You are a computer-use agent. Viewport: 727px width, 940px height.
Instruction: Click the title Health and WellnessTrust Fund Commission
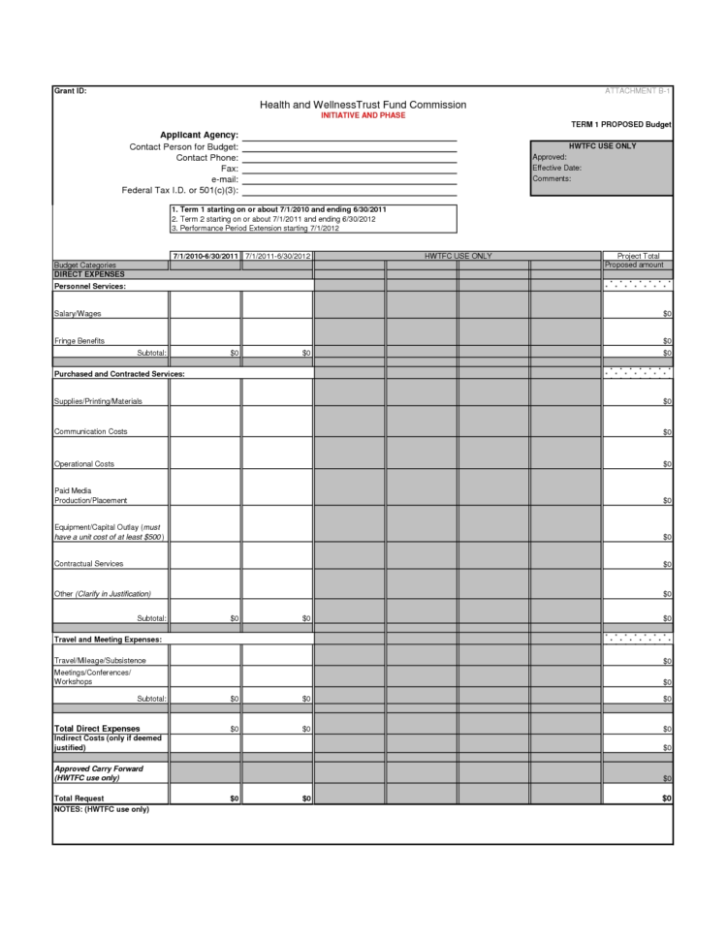(x=363, y=105)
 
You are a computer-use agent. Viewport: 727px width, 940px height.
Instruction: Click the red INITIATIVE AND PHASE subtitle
(x=363, y=115)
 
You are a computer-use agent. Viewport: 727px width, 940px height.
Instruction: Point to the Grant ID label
(x=70, y=90)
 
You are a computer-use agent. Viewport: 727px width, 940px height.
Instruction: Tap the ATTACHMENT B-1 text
(x=638, y=90)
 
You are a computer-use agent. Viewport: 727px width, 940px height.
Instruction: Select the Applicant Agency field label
(x=199, y=134)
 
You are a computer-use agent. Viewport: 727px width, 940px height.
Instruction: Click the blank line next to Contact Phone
(x=349, y=157)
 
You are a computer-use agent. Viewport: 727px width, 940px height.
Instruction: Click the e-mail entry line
(x=349, y=179)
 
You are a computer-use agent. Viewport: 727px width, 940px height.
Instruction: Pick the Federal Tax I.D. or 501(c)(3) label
(x=180, y=191)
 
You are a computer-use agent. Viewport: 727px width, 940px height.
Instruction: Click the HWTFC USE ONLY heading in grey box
(x=602, y=146)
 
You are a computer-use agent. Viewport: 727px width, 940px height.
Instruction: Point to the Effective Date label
(x=556, y=168)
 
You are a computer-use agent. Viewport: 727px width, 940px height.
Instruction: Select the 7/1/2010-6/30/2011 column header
(x=205, y=256)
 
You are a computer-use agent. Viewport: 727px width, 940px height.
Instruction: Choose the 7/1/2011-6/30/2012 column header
(x=277, y=256)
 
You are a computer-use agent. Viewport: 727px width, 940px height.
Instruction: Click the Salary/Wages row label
(x=78, y=314)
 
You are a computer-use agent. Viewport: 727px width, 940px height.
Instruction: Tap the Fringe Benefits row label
(x=79, y=341)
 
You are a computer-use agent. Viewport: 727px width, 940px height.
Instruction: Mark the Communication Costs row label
(x=90, y=431)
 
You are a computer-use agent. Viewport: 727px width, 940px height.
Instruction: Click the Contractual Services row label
(x=88, y=563)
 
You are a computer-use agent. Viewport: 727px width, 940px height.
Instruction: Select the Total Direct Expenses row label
(x=97, y=728)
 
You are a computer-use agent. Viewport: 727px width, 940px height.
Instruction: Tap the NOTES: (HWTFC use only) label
(x=102, y=809)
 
